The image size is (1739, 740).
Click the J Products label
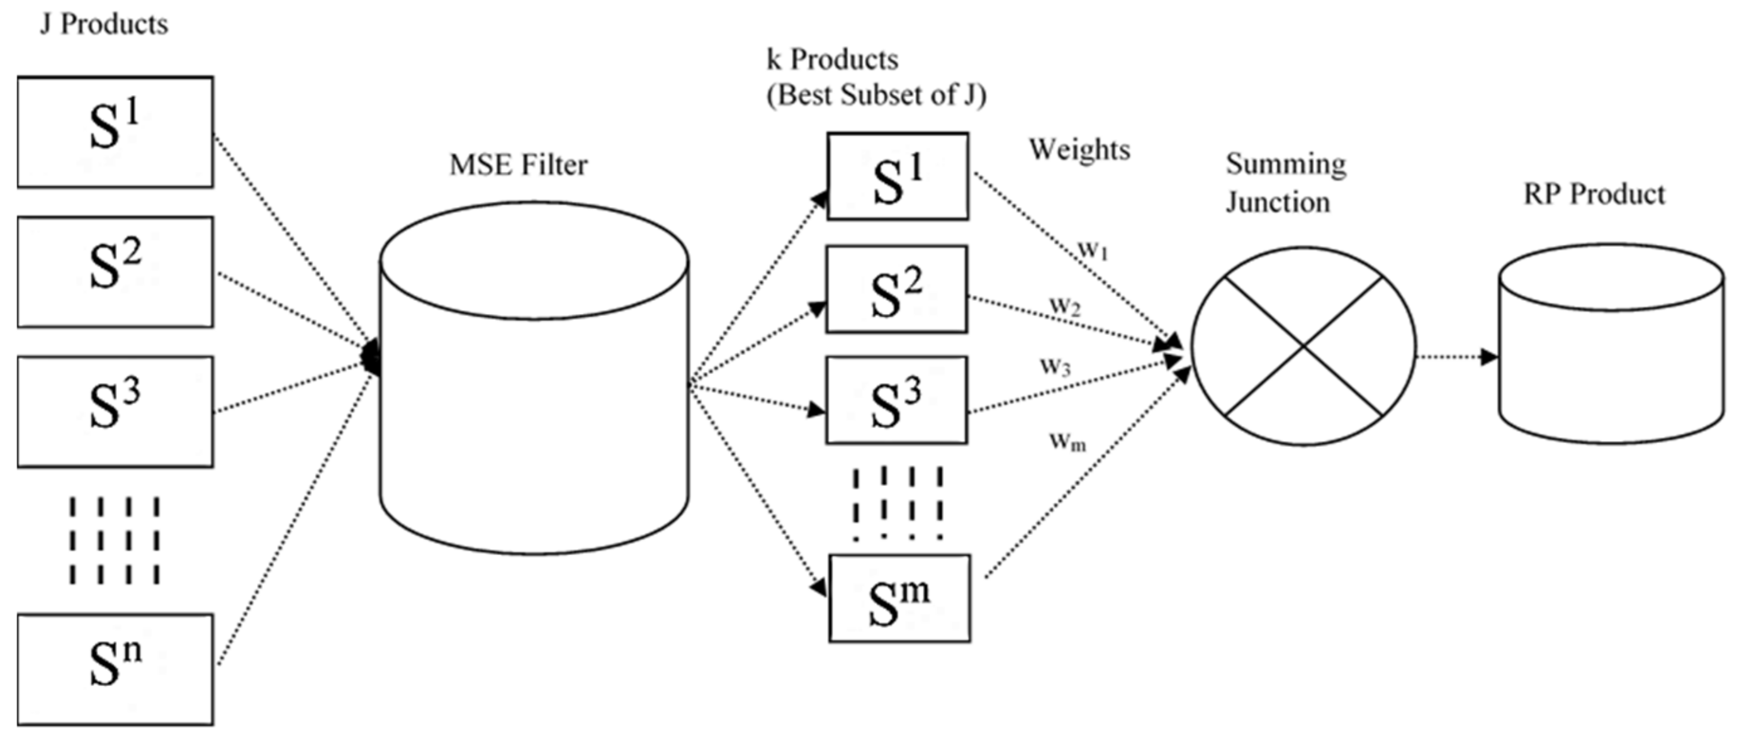pos(104,25)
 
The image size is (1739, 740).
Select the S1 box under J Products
pos(115,132)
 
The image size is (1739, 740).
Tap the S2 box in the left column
pos(115,272)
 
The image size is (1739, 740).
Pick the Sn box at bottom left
pos(115,669)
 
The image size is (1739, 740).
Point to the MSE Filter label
pos(519,165)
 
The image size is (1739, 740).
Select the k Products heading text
pos(833,60)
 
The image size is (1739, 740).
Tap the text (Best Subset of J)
pos(876,95)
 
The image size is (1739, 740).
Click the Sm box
pos(899,598)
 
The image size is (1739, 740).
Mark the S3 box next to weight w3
pos(896,400)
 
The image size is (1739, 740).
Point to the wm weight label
pos(1068,442)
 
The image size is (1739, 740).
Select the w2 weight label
pos(1064,306)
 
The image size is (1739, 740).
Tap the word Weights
pos(1079,150)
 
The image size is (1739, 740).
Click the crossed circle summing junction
pos(1303,346)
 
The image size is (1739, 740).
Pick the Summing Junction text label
pos(1285,183)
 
